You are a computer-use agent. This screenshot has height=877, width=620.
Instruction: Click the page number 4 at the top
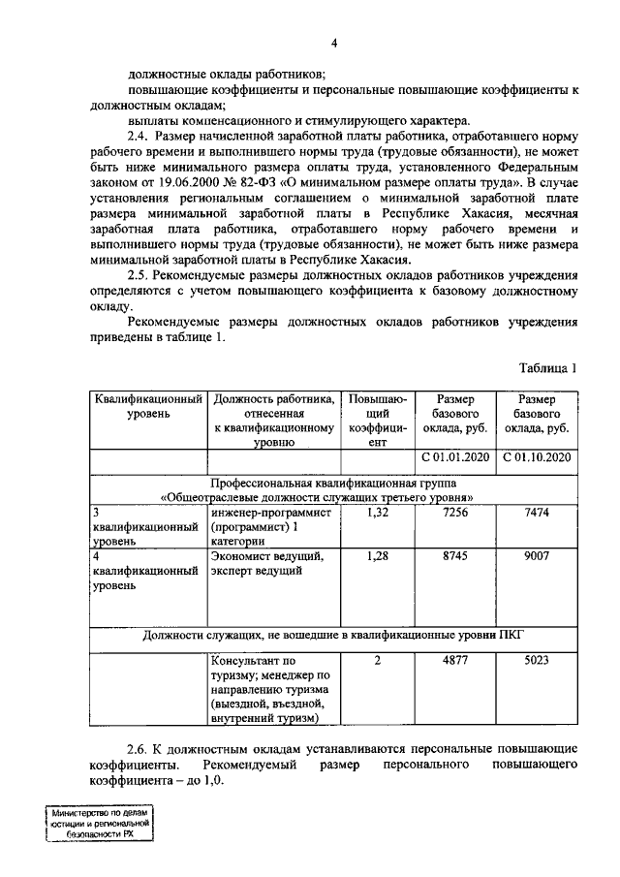tap(334, 43)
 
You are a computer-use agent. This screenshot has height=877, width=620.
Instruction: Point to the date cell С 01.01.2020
tap(455, 458)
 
